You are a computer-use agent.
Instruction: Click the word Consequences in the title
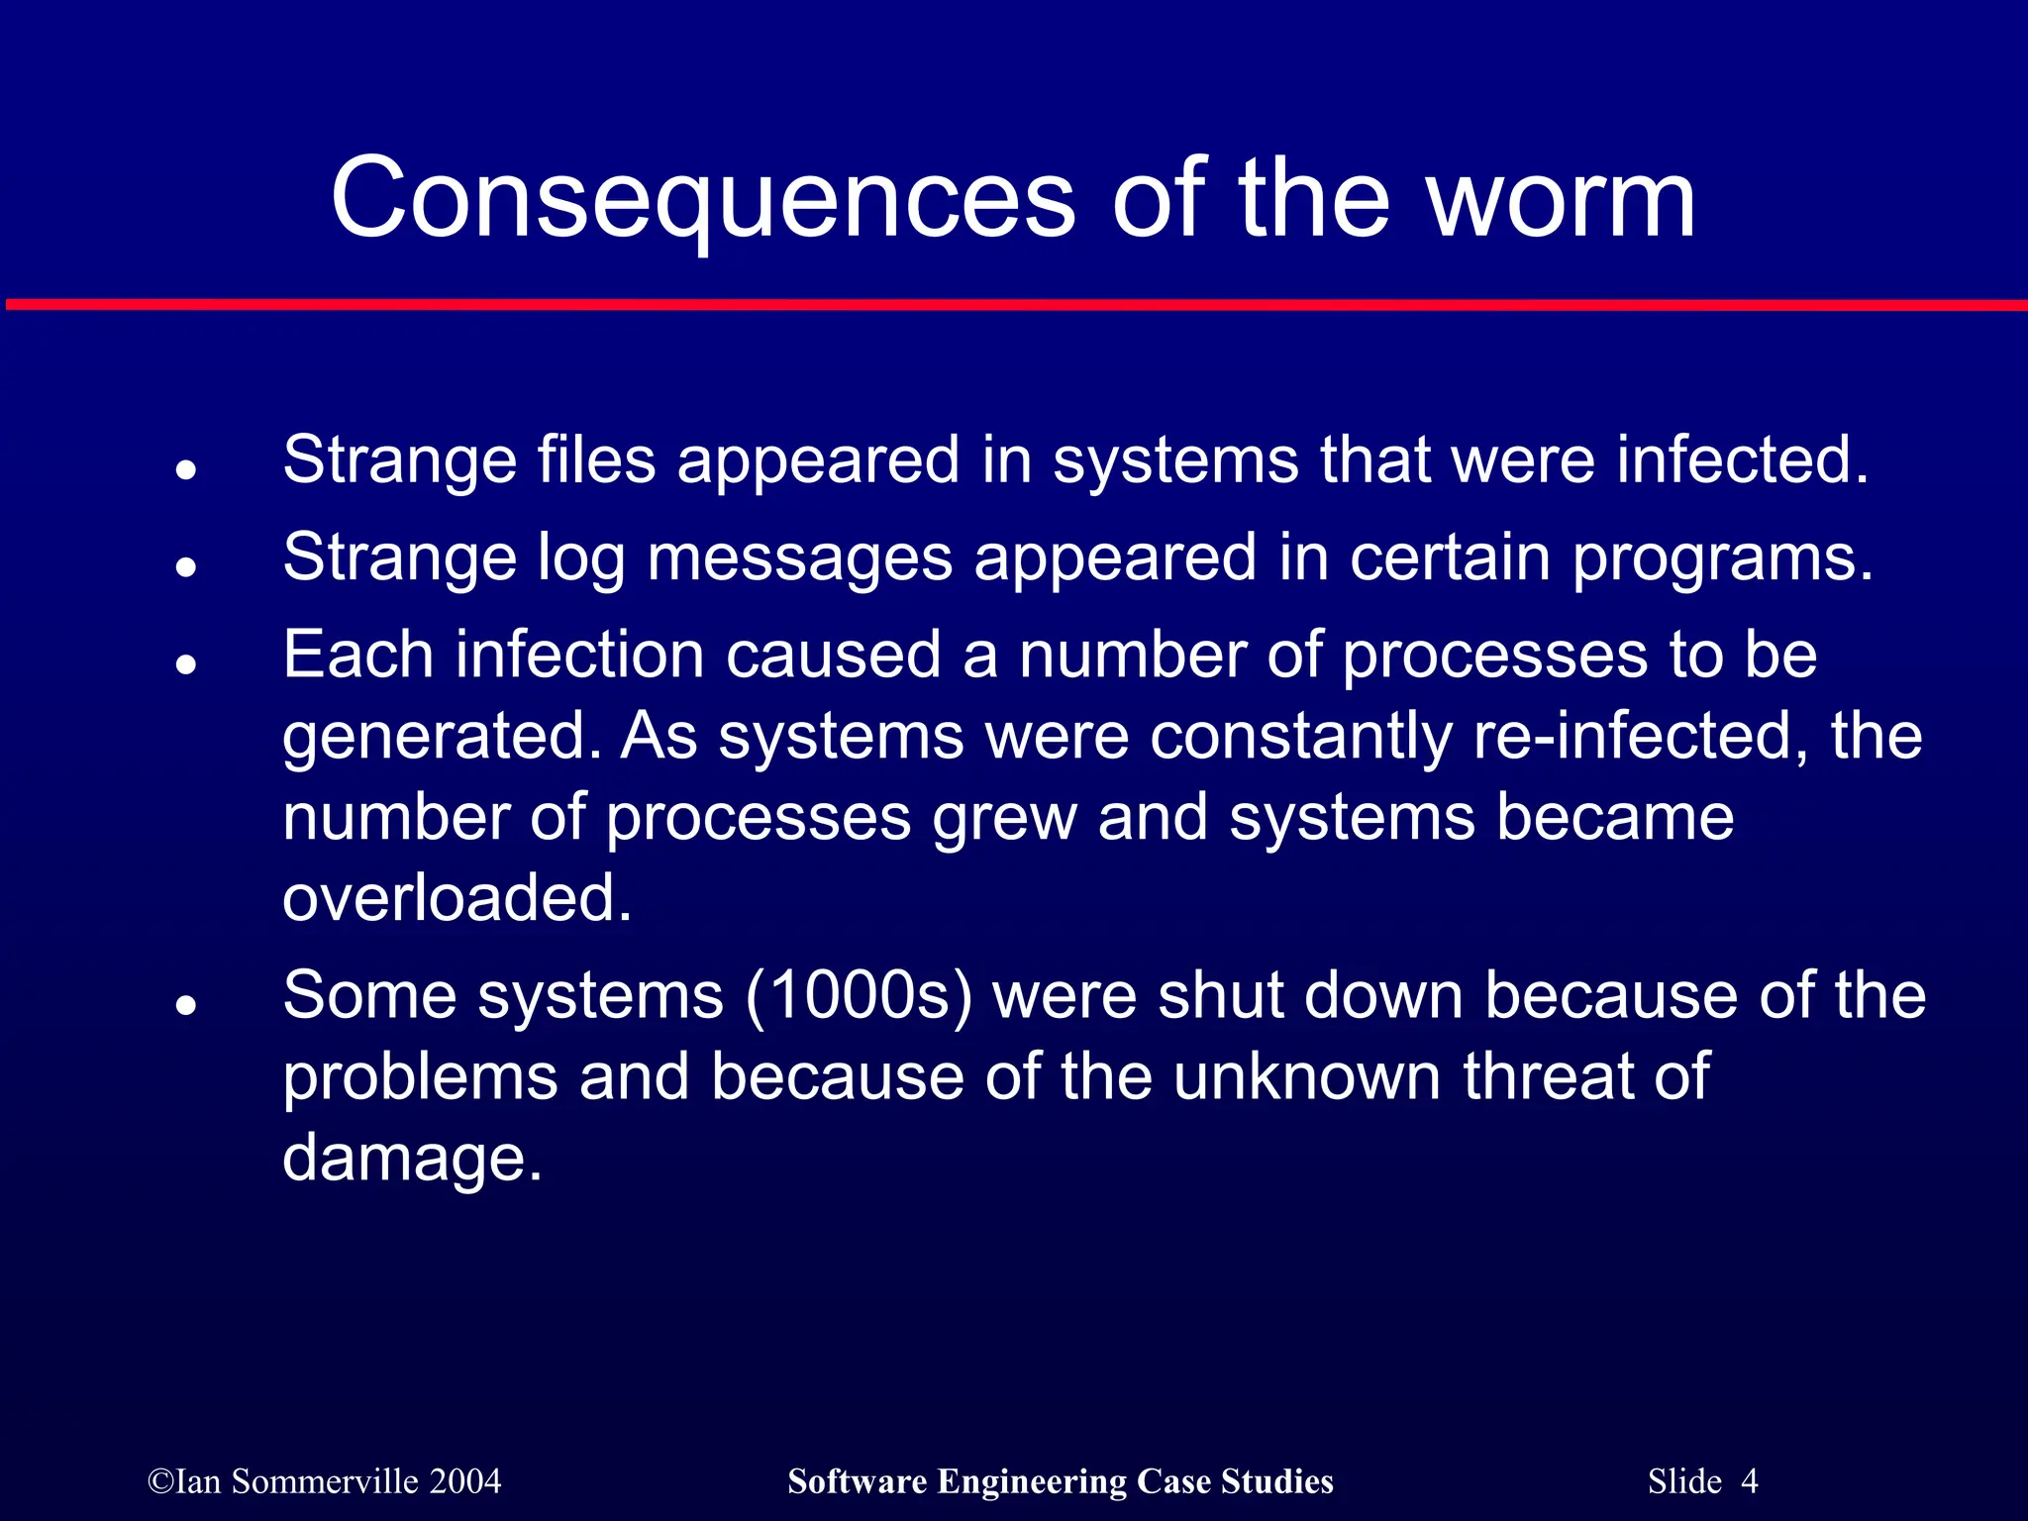(702, 200)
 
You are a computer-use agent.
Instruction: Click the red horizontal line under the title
(1014, 304)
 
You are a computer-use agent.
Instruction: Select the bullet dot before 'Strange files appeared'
(185, 470)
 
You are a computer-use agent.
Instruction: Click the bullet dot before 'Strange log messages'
(185, 567)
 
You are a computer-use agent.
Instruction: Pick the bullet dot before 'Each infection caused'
(185, 664)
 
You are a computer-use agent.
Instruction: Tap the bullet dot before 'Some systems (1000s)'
(185, 1005)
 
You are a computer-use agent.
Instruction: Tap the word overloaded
(456, 899)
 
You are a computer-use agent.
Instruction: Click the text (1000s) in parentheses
(859, 996)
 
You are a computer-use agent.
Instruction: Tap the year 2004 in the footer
(465, 1481)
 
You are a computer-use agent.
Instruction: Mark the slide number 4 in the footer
(1749, 1481)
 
